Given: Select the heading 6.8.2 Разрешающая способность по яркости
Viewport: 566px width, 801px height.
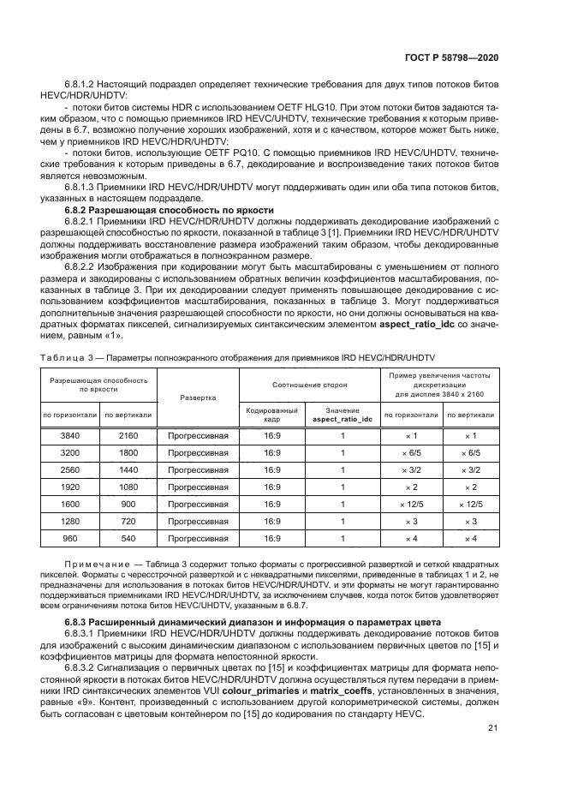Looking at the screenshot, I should pos(170,209).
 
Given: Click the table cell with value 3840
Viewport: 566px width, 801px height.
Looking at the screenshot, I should pos(69,435).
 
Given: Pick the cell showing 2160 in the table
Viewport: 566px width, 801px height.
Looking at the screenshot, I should pos(128,435).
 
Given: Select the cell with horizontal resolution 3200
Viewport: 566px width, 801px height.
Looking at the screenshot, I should pos(69,452).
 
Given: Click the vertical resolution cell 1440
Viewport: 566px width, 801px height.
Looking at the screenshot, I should pos(128,469).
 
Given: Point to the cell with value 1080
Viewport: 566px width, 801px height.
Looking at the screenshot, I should pos(128,487).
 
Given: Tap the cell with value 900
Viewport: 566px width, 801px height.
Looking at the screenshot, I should pos(128,504).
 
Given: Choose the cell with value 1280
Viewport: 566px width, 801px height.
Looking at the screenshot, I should pos(69,521).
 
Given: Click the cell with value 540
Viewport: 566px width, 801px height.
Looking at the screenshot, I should pos(128,538).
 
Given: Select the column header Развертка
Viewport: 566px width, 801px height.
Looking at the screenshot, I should pos(198,398).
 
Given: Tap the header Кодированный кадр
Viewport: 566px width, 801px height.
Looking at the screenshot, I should pos(272,415).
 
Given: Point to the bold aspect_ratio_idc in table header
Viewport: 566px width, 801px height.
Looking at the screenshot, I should pos(343,419).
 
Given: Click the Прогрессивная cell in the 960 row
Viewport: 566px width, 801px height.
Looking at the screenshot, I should pos(198,538).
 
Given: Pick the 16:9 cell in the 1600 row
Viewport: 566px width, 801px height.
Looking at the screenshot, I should pos(272,504).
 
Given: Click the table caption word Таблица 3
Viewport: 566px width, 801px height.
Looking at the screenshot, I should pos(70,356).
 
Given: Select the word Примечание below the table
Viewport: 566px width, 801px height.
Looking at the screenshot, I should pos(95,565).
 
